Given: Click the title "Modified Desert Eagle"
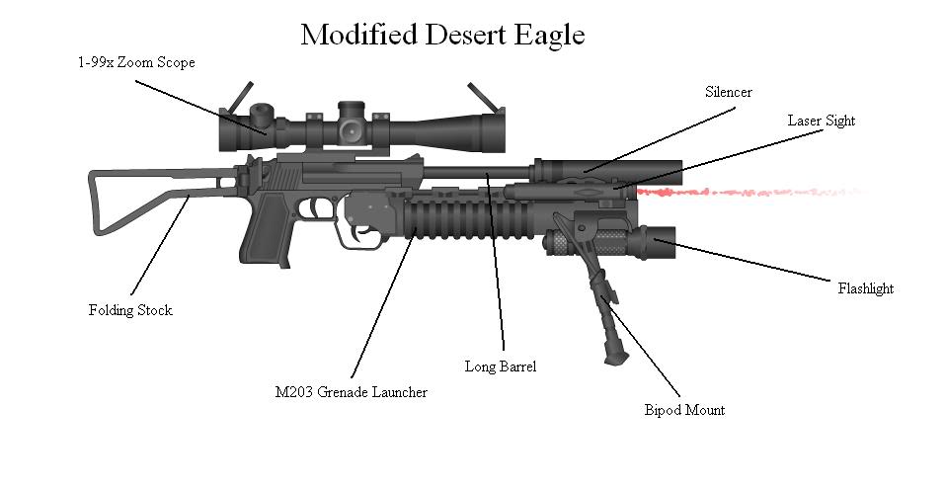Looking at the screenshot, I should click(x=442, y=36).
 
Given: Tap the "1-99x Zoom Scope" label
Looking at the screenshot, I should click(x=136, y=62).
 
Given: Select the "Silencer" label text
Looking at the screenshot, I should click(x=728, y=92).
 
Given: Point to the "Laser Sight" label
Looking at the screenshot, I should click(x=821, y=121).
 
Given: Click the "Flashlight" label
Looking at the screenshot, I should click(x=865, y=288).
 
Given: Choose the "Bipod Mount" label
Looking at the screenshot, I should click(x=684, y=410).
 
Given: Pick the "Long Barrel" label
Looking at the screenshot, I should click(x=501, y=367).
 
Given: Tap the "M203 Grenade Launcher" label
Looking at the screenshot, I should click(x=351, y=392).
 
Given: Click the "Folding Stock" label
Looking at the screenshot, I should click(x=130, y=310).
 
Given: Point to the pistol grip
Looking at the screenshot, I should click(x=267, y=237).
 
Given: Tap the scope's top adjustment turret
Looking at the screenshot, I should click(x=351, y=107).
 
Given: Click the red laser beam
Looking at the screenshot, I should click(x=750, y=191).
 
